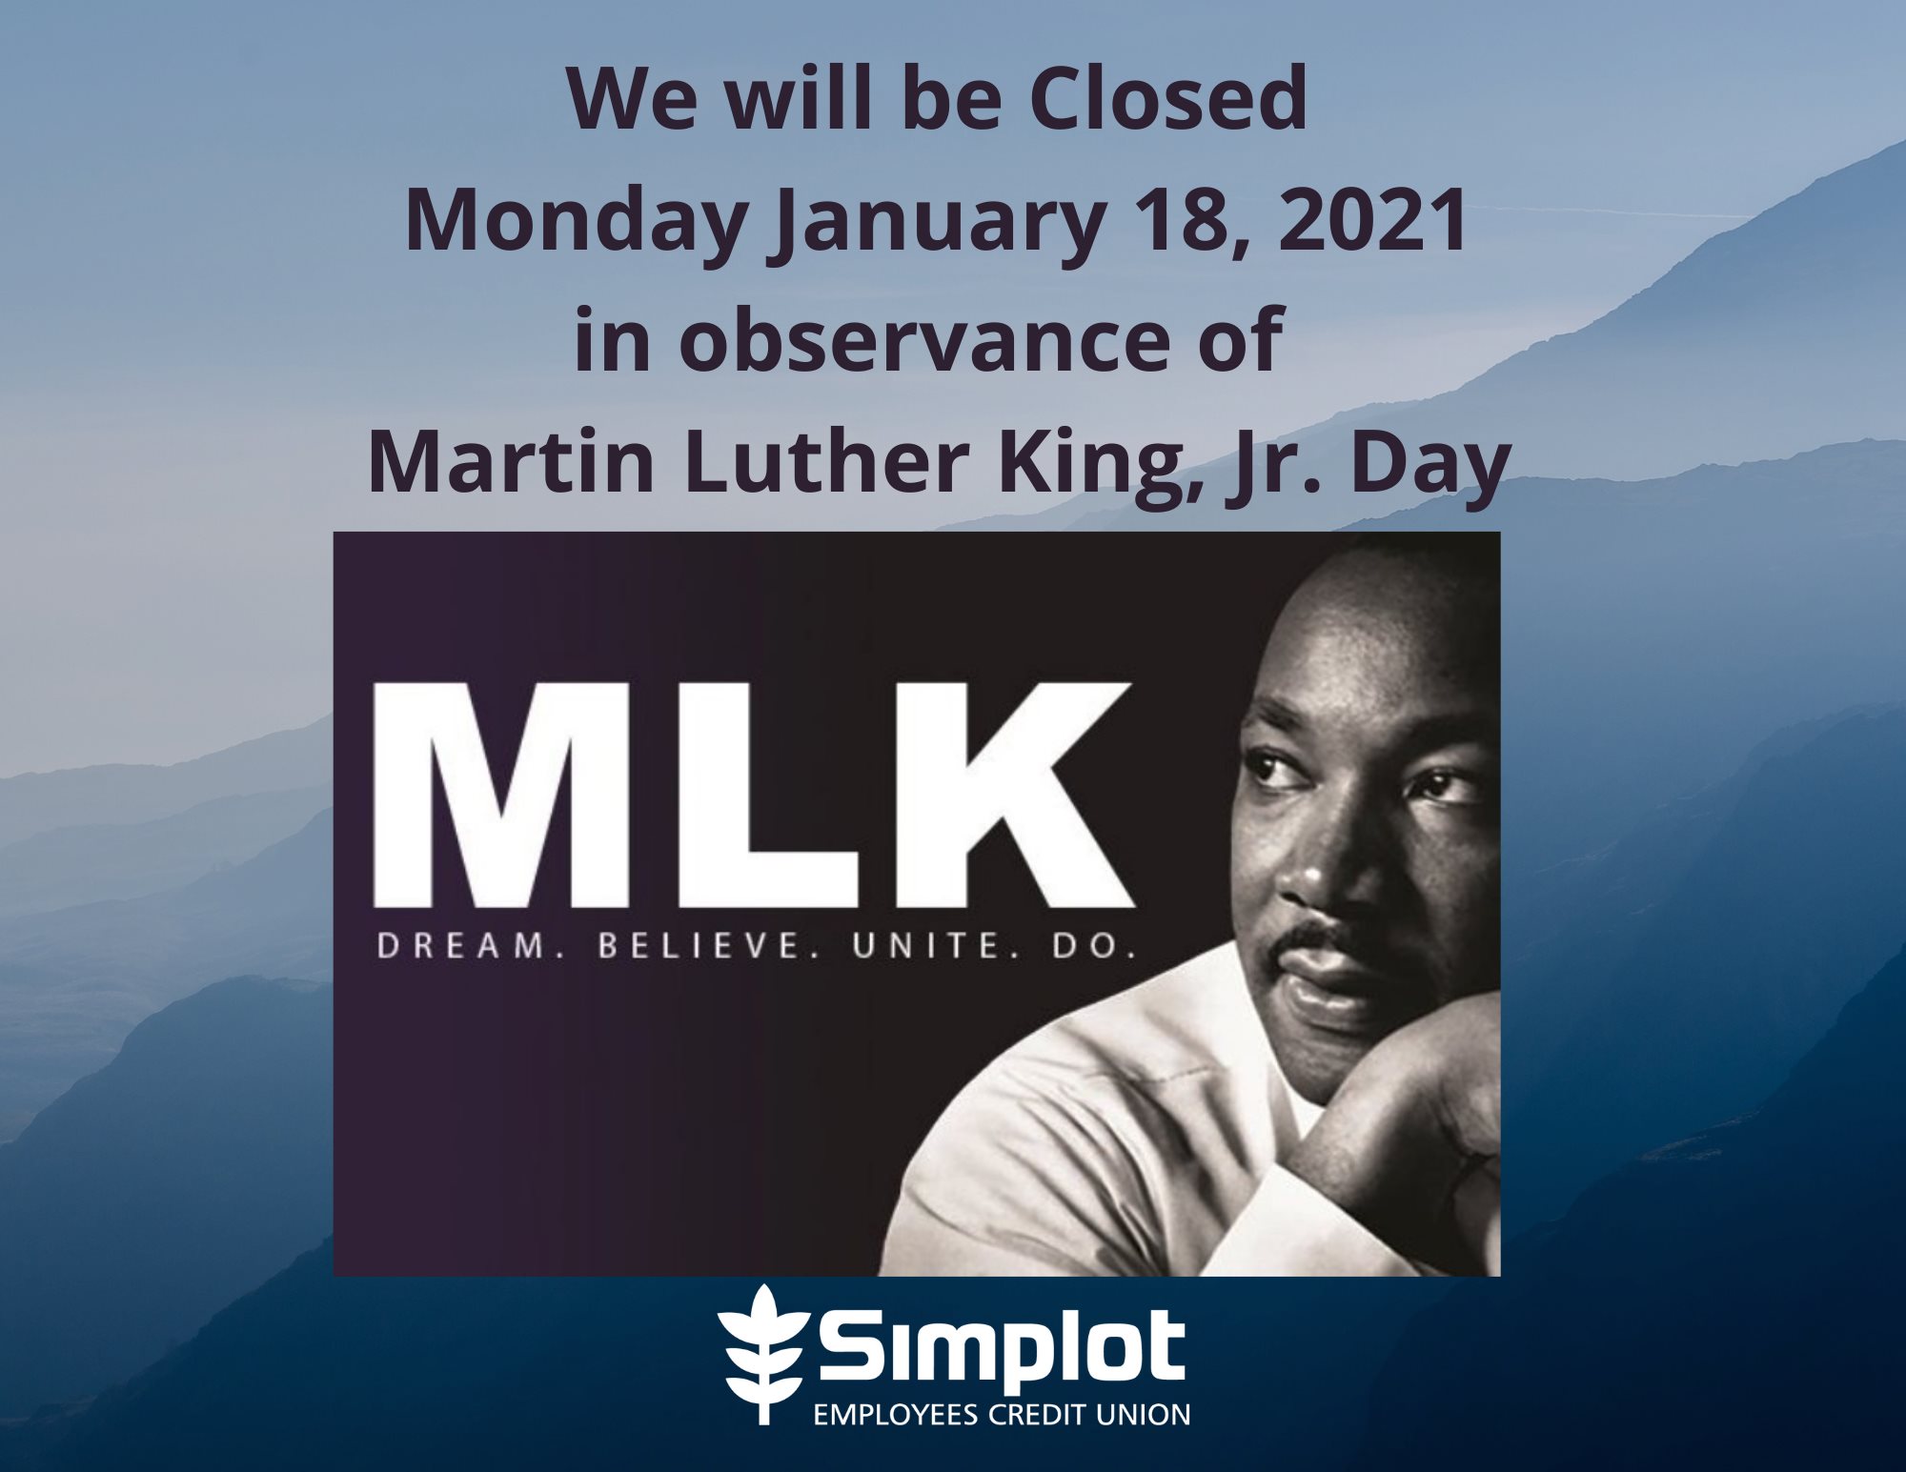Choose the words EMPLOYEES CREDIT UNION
coord(1001,1413)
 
